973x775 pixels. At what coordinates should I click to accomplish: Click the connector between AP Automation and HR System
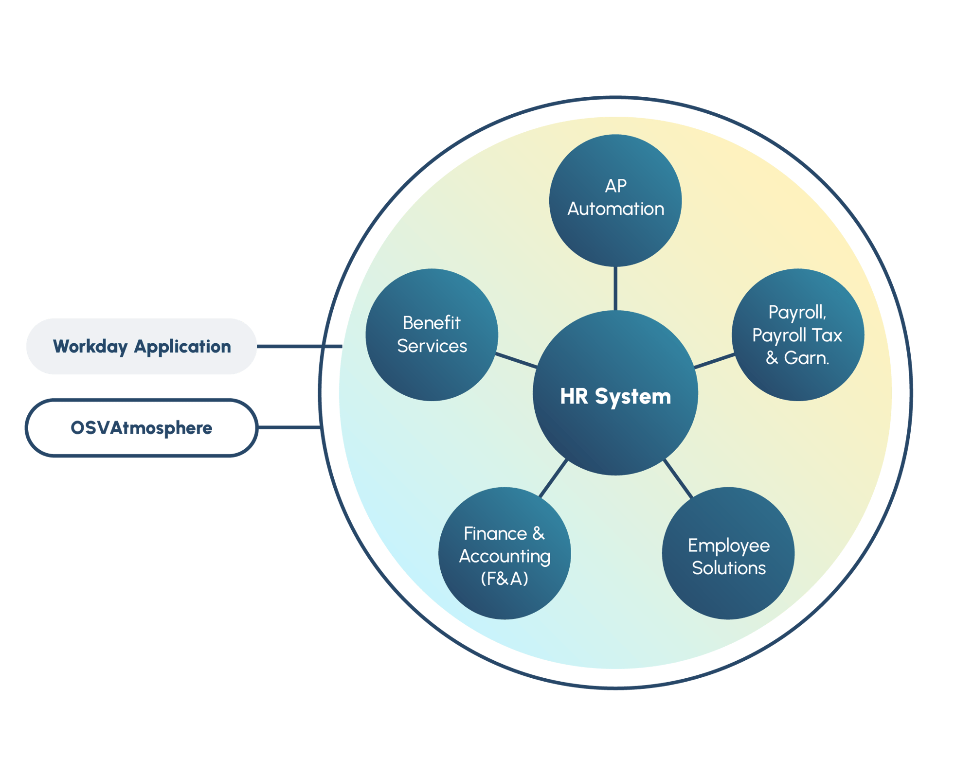click(615, 288)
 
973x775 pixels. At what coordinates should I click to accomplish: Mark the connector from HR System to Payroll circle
click(714, 361)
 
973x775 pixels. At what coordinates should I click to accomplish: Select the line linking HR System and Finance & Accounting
click(553, 478)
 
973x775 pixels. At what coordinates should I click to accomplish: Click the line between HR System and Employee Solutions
click(678, 478)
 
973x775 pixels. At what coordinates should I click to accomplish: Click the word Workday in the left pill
click(90, 347)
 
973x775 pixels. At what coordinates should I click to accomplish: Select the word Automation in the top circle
click(615, 209)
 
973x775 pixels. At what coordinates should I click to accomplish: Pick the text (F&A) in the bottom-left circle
click(505, 579)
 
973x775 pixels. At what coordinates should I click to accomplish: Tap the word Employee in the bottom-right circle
click(728, 546)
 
